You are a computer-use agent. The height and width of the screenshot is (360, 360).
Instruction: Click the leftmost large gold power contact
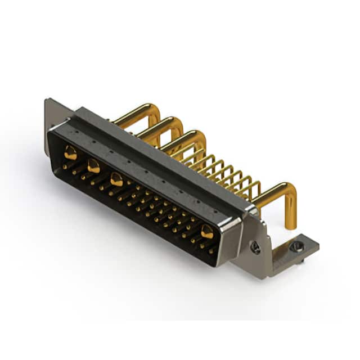(70, 151)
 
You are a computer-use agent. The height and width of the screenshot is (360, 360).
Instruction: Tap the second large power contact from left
(93, 166)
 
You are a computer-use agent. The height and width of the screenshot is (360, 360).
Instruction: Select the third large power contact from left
(116, 180)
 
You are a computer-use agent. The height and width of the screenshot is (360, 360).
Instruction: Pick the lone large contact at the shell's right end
(207, 231)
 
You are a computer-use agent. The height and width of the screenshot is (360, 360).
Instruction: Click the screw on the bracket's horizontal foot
(297, 246)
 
